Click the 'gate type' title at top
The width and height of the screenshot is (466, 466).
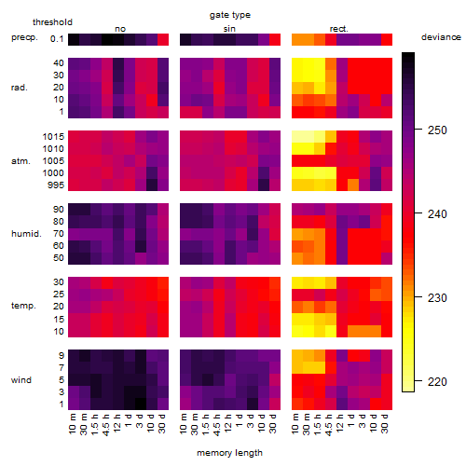230,15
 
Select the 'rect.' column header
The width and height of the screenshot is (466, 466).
339,29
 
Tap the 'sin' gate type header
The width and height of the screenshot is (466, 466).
229,29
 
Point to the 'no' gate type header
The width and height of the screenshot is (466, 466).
120,29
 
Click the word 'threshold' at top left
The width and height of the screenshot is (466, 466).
52,22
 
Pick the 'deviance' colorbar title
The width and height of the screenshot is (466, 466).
441,37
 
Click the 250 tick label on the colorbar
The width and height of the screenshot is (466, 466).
437,130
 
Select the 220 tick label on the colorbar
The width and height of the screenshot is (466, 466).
437,381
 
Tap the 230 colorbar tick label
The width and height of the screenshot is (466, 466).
437,298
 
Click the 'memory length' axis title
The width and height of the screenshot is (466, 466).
230,453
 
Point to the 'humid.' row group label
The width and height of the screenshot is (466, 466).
26,234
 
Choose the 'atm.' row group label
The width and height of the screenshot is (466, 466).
21,161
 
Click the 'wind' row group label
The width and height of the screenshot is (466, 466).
21,380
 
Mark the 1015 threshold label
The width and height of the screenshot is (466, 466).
53,137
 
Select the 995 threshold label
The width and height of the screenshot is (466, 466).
56,185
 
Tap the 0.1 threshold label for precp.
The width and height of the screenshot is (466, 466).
57,39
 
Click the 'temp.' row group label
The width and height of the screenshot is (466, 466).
23,306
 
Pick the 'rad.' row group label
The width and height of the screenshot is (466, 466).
20,88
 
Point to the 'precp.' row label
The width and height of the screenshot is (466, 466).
24,38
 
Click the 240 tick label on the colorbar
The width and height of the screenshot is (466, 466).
437,214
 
